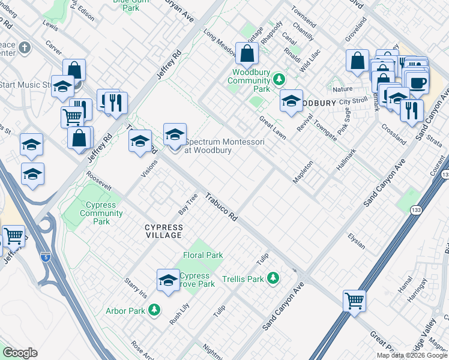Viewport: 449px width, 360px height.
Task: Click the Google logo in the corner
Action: coord(20,353)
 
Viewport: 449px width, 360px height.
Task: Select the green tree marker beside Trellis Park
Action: coord(273,277)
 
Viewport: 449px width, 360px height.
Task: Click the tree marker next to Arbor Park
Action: coord(155,310)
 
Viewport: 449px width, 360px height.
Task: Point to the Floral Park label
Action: coord(203,255)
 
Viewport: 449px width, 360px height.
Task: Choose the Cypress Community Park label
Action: coord(93,213)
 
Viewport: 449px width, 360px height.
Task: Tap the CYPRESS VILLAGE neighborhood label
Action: coord(163,231)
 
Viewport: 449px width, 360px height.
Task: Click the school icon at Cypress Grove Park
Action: coord(168,280)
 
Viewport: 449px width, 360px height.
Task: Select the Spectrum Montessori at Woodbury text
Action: coord(208,146)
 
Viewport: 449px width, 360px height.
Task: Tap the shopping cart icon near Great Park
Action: coord(354,300)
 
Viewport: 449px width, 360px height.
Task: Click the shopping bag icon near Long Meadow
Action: coord(247,53)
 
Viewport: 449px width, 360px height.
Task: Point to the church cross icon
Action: coord(25,47)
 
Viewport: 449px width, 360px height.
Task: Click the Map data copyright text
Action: coord(411,355)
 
